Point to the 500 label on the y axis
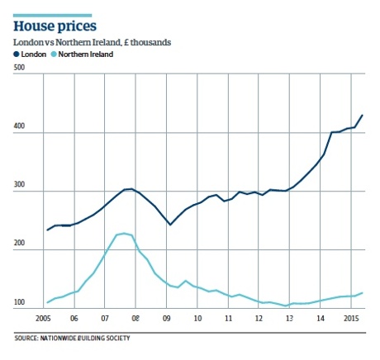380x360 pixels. pyautogui.click(x=19, y=77)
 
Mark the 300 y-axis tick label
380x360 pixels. pyautogui.click(x=19, y=191)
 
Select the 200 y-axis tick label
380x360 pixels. pyautogui.click(x=19, y=247)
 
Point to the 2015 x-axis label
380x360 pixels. pyautogui.click(x=350, y=316)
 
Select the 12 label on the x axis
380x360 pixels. pyautogui.click(x=259, y=316)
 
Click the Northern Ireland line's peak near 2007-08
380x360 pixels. pyautogui.click(x=124, y=234)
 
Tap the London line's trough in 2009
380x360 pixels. pyautogui.click(x=170, y=225)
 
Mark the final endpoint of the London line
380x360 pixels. pyautogui.click(x=362, y=116)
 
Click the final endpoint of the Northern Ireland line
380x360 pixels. pyautogui.click(x=362, y=293)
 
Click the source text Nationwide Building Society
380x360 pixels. pyautogui.click(x=73, y=337)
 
